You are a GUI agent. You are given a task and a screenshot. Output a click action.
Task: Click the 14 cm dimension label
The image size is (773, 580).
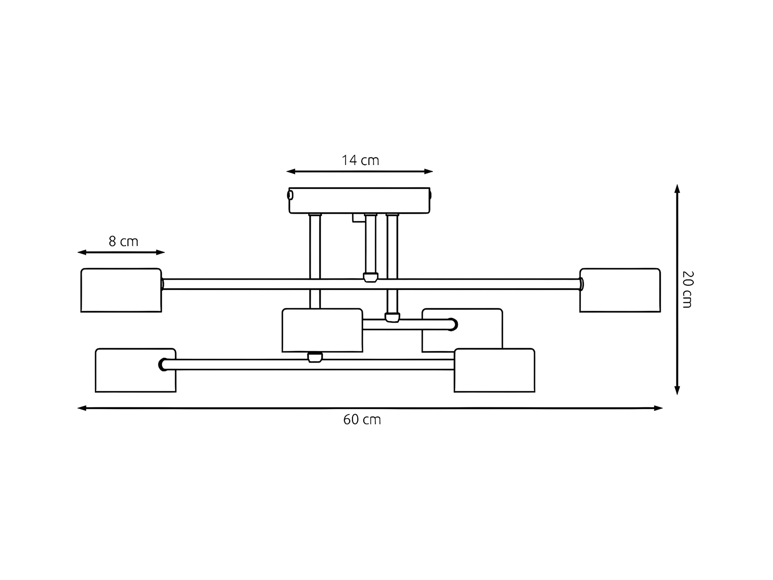[x=360, y=160]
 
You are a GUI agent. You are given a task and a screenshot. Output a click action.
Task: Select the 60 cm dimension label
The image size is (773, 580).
[x=362, y=420]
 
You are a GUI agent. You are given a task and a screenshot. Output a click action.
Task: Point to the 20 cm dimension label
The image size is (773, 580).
[x=687, y=289]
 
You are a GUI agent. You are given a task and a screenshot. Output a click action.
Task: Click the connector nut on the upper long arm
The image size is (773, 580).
[x=370, y=277]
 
